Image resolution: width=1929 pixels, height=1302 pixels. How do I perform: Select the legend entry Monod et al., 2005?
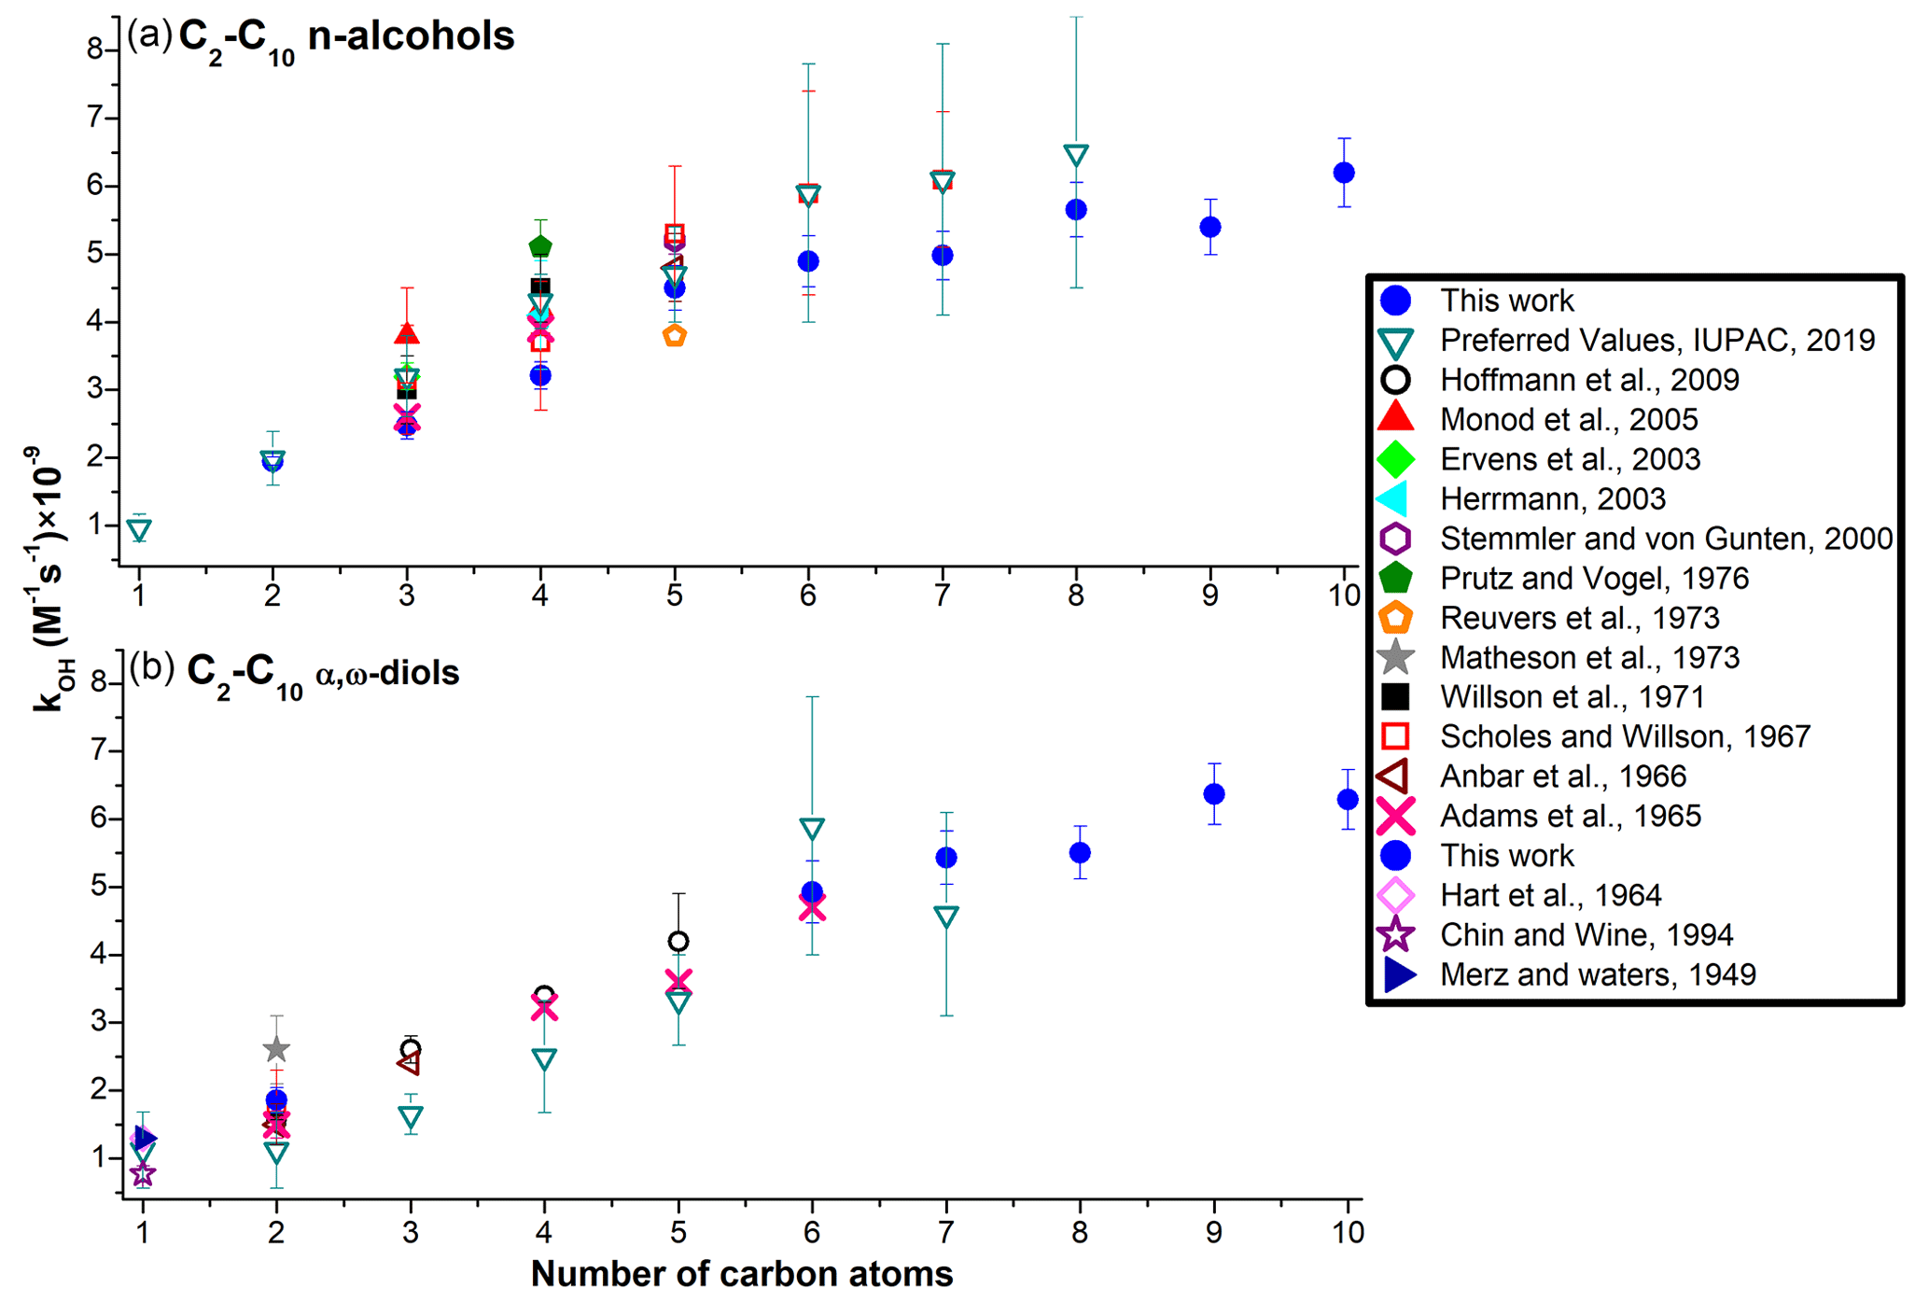click(1569, 420)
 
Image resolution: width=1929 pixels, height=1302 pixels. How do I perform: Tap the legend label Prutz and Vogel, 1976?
click(1594, 579)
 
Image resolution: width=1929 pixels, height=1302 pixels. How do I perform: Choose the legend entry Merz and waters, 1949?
click(1598, 974)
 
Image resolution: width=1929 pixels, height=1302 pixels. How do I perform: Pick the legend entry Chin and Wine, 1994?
click(1587, 935)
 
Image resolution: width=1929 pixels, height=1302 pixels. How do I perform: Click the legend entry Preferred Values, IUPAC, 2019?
click(1657, 341)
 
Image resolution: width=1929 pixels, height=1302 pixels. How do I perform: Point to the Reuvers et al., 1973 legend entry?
click(1579, 618)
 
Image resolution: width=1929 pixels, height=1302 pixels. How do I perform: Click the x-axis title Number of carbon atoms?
click(742, 1274)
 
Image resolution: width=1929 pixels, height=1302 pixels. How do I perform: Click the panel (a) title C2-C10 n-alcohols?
click(345, 37)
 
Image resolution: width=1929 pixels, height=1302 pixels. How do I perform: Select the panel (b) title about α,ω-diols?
click(323, 673)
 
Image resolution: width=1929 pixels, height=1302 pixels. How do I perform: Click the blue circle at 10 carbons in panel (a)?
click(1344, 173)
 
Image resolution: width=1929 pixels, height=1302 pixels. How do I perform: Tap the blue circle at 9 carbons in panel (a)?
click(1210, 227)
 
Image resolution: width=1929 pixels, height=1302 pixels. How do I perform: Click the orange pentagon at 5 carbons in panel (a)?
click(675, 336)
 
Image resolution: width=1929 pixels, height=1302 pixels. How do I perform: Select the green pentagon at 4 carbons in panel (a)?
click(540, 246)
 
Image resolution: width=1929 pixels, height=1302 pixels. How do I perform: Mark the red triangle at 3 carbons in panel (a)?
click(407, 333)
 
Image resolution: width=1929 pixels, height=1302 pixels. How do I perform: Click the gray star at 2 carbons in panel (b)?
click(276, 1050)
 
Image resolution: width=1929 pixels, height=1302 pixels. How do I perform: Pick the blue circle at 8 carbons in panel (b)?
click(1080, 852)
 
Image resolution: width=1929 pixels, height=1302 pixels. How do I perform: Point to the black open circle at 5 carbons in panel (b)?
click(678, 941)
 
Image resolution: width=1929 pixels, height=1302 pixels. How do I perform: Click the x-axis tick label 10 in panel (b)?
click(1347, 1233)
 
